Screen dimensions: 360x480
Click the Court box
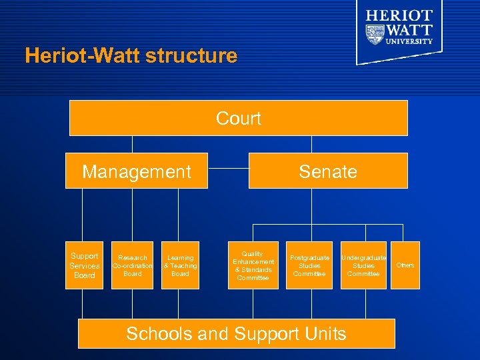pyautogui.click(x=239, y=118)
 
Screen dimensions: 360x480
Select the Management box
pyautogui.click(x=137, y=171)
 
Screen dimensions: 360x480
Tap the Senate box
pyautogui.click(x=328, y=171)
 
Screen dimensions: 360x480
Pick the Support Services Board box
pyautogui.click(x=85, y=265)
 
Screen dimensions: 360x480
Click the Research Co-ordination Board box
pyautogui.click(x=133, y=265)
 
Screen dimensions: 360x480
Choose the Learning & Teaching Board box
pyautogui.click(x=180, y=265)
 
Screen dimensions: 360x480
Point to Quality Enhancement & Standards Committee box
pyautogui.click(x=253, y=265)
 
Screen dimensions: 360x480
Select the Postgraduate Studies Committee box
pyautogui.click(x=309, y=265)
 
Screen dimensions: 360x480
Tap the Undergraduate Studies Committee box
pyautogui.click(x=363, y=265)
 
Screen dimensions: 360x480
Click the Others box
pyautogui.click(x=405, y=265)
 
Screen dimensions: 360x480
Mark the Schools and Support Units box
pyautogui.click(x=237, y=333)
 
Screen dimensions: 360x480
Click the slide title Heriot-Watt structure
pyautogui.click(x=131, y=55)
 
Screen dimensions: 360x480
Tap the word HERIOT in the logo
pyautogui.click(x=399, y=15)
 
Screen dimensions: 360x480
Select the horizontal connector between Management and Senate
pyautogui.click(x=228, y=168)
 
